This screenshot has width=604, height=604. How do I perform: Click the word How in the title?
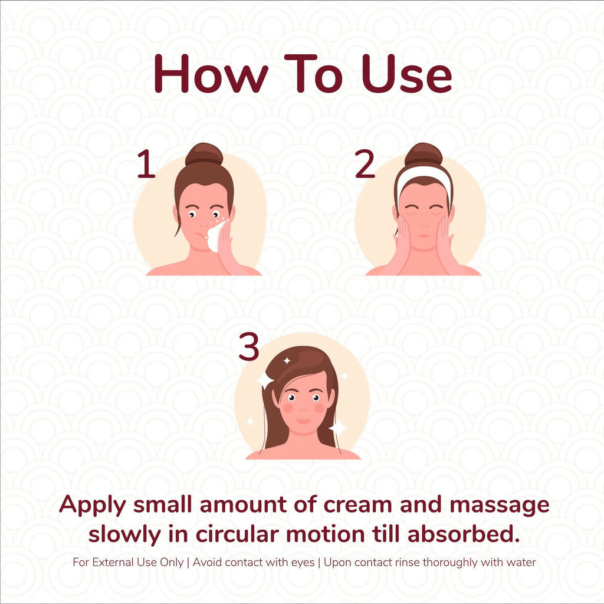[211, 74]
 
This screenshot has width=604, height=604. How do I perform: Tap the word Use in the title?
[407, 74]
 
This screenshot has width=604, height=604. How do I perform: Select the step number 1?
[146, 164]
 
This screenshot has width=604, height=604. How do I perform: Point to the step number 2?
[365, 164]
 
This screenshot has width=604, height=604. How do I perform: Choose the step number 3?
[248, 346]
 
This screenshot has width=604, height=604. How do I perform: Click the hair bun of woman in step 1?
[204, 154]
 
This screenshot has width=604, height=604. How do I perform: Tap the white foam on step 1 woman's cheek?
[215, 237]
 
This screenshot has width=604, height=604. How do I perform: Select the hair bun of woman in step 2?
[424, 155]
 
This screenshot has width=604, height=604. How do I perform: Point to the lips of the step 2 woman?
[424, 236]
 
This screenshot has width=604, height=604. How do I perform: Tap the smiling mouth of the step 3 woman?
[304, 421]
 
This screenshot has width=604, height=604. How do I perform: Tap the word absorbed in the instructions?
[464, 534]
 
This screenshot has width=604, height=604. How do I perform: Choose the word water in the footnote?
[521, 562]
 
